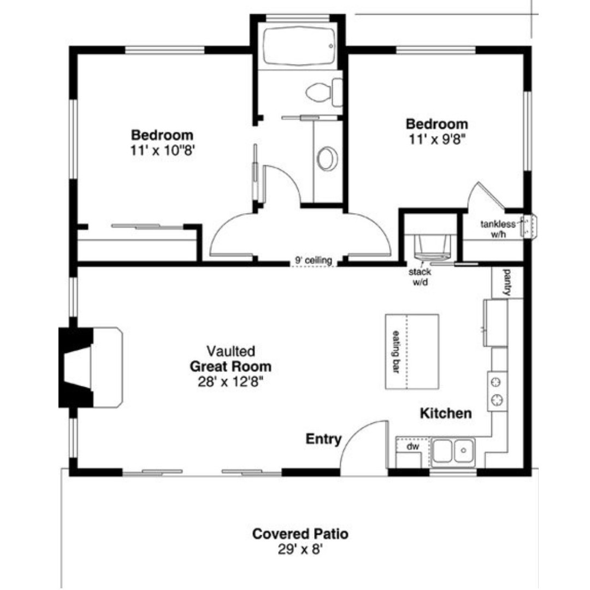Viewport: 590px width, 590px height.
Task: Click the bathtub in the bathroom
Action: click(x=299, y=46)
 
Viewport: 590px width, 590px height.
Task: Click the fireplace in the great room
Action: click(x=90, y=367)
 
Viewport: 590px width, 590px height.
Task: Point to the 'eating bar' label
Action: click(x=396, y=352)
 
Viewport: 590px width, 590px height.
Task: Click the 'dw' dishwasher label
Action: click(x=413, y=447)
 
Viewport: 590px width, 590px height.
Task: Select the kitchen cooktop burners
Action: click(x=497, y=391)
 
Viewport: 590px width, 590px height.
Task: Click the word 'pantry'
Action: click(x=507, y=282)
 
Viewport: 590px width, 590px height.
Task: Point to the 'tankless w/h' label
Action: click(x=498, y=229)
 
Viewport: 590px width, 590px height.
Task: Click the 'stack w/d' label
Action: click(x=420, y=276)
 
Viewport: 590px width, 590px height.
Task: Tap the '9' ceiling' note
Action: click(x=314, y=260)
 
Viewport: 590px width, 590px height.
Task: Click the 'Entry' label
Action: click(x=323, y=439)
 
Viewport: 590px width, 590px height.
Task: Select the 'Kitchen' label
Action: click(x=446, y=413)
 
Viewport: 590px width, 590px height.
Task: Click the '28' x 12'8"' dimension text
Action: click(x=231, y=382)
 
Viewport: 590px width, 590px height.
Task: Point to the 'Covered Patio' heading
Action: click(x=300, y=534)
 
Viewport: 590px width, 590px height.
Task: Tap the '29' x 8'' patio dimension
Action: click(x=300, y=550)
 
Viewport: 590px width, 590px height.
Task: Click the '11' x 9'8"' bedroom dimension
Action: click(x=437, y=140)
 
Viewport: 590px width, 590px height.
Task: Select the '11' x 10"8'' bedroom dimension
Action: click(x=163, y=151)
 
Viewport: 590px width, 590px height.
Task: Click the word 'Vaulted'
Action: click(x=231, y=351)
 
